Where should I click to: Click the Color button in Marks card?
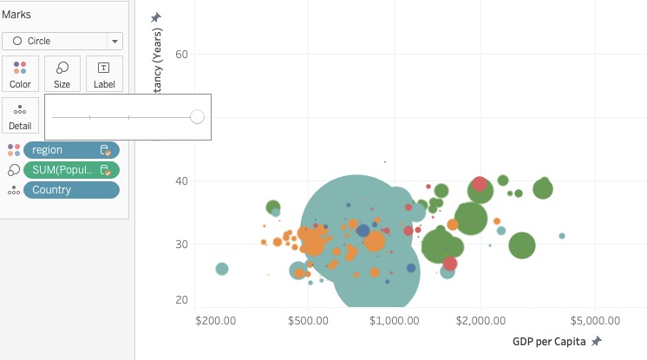click(x=20, y=75)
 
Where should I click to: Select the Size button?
click(x=62, y=75)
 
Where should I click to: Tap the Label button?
click(x=104, y=75)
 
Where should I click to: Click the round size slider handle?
click(x=197, y=116)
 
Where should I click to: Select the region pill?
click(x=71, y=150)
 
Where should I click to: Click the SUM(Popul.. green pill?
click(x=71, y=170)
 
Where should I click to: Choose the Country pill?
click(x=71, y=190)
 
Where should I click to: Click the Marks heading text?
click(x=16, y=15)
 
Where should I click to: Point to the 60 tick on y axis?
click(x=181, y=55)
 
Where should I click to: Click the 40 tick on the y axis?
click(x=181, y=181)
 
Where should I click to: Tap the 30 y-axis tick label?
click(x=181, y=245)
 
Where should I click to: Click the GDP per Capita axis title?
click(x=549, y=341)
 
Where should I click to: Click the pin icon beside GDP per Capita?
click(x=596, y=341)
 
